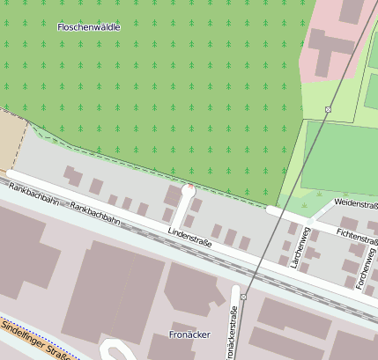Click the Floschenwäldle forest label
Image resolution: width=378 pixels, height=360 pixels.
(x=88, y=27)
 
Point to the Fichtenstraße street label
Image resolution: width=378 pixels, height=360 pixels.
(x=357, y=237)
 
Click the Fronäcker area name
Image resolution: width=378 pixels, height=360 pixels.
(x=189, y=334)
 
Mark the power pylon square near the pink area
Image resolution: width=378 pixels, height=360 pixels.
(x=328, y=109)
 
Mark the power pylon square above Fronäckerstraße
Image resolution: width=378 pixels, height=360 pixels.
(x=243, y=298)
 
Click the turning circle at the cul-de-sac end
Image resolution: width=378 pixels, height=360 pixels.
(x=188, y=189)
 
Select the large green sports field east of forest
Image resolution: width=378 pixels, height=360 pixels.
(x=340, y=158)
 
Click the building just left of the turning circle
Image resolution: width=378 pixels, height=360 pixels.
(x=172, y=194)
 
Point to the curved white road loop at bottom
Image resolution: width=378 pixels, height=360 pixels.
(x=115, y=350)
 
